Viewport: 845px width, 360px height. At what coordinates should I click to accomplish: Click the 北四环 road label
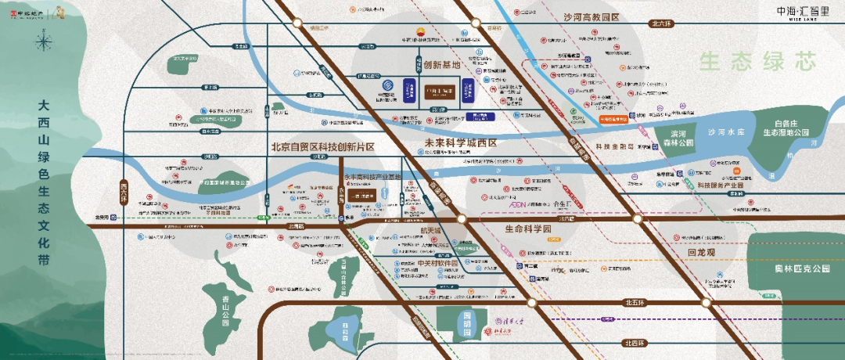[638, 343]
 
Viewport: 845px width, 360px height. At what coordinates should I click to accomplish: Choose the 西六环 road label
[124, 190]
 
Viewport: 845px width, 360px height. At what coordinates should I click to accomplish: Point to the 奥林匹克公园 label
[797, 268]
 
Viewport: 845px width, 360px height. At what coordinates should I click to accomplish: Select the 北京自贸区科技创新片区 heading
[323, 146]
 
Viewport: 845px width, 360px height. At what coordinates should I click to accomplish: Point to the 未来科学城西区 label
[461, 143]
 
